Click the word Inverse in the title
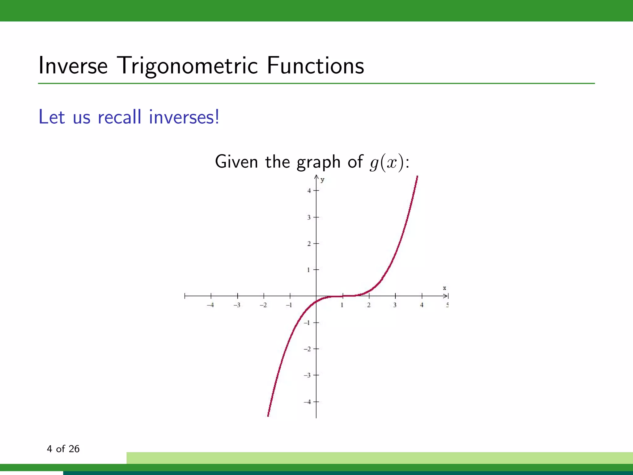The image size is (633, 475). (73, 66)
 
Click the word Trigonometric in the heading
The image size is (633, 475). (188, 66)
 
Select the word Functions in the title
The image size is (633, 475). (315, 66)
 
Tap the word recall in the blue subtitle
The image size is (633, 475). (120, 117)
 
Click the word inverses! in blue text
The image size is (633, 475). (184, 117)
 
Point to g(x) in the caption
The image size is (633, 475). (386, 162)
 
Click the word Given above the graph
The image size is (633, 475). (236, 162)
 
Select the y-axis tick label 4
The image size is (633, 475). (309, 191)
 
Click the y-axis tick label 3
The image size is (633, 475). (309, 217)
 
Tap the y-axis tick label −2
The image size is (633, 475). (307, 349)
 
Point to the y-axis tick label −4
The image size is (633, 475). (307, 402)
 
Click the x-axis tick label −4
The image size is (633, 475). (210, 305)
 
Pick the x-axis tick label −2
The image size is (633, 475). (263, 305)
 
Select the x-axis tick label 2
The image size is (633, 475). (369, 305)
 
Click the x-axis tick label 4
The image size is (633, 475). (422, 305)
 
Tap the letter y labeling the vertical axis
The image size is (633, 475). (322, 180)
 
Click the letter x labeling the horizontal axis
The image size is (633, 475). (444, 288)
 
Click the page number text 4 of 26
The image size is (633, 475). (63, 449)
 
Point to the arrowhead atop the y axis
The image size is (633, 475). (316, 177)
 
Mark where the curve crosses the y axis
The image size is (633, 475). (316, 302)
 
